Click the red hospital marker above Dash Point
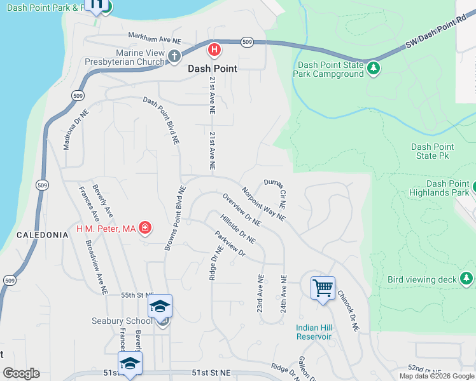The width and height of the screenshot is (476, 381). (x=215, y=49)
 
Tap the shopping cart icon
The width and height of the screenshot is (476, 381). (x=323, y=288)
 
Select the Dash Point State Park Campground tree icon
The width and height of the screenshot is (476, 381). (x=374, y=68)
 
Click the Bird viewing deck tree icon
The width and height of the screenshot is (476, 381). (x=466, y=279)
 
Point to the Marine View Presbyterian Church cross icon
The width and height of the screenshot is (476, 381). (x=174, y=57)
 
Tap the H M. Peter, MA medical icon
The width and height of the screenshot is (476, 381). (x=145, y=227)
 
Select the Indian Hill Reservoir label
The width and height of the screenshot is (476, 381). (x=314, y=332)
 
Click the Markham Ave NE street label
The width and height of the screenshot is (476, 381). (x=155, y=37)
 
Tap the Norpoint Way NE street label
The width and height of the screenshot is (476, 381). (x=263, y=203)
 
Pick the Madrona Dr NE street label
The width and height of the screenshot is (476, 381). (x=76, y=129)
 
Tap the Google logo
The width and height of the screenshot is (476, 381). (x=21, y=373)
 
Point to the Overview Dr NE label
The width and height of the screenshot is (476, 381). (x=241, y=210)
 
